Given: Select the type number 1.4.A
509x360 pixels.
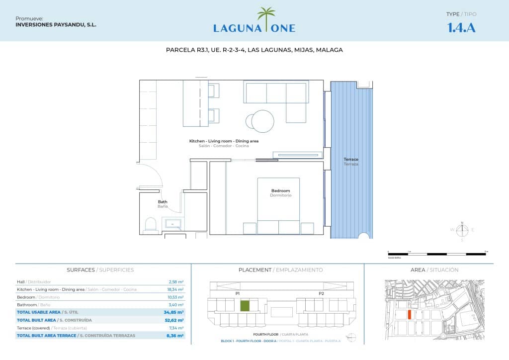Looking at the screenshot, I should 461,28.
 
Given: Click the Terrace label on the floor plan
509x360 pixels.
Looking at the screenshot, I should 350,160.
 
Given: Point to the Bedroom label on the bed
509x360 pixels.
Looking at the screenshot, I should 280,191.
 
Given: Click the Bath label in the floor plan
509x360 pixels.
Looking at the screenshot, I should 163,202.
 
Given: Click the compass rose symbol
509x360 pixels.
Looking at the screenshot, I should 462,229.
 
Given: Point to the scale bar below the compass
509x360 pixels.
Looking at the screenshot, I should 437,254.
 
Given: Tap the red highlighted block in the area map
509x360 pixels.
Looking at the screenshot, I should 409,314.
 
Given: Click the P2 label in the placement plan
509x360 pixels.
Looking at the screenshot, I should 321,293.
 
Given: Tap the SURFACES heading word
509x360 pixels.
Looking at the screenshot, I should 81,270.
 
